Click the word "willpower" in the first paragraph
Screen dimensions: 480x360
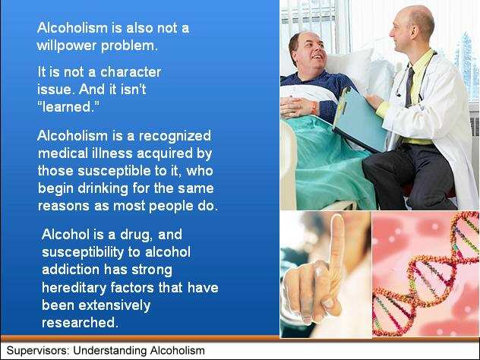coord(67,46)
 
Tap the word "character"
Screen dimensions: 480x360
coord(131,72)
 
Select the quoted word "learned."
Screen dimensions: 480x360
coord(68,107)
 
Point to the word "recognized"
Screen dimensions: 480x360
coord(175,136)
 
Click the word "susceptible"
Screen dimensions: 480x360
coord(115,171)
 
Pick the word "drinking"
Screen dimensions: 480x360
coord(103,188)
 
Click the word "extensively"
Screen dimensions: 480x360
coord(115,305)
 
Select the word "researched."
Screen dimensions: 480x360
coord(80,323)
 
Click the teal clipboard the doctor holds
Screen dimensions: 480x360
coord(359,119)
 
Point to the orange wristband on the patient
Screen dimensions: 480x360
coord(314,107)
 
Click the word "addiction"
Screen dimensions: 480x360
coord(71,270)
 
